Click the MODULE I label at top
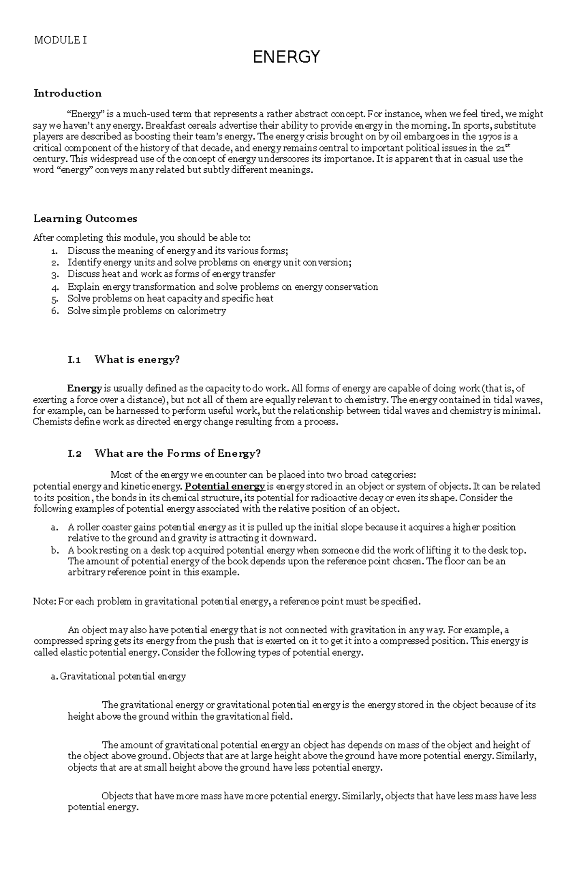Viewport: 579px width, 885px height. pos(60,40)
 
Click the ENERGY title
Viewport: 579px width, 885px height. pos(286,57)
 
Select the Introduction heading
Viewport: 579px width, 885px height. pos(68,93)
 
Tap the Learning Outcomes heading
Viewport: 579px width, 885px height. pos(85,218)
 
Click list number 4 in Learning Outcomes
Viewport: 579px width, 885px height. pos(55,287)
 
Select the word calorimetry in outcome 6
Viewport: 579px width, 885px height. pos(201,311)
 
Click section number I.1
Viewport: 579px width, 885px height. pos(74,360)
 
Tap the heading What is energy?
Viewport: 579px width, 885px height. pos(137,360)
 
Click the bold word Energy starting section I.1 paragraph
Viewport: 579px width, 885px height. pos(84,388)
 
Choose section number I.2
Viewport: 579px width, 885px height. pos(75,453)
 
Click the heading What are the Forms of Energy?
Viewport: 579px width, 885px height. pos(178,453)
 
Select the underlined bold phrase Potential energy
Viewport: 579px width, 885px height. pos(225,486)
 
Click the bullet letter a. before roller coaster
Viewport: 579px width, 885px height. pos(54,528)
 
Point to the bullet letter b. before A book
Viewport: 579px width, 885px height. pos(54,550)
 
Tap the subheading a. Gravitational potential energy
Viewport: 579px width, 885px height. pos(118,676)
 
